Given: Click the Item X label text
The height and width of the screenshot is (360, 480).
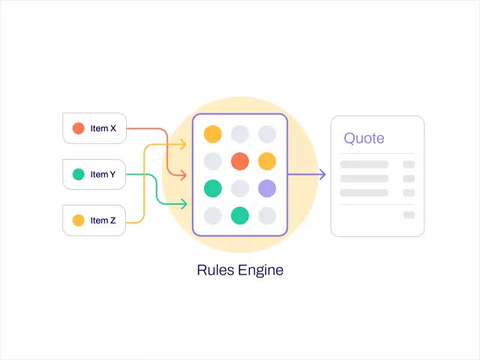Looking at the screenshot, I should point(103,128).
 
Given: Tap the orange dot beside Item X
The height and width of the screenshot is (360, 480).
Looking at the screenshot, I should point(78,128).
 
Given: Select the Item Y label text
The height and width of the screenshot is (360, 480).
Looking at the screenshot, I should point(103,175).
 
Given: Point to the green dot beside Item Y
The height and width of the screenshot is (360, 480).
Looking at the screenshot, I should point(78,175).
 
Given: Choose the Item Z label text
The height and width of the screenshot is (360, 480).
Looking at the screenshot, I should point(103,220).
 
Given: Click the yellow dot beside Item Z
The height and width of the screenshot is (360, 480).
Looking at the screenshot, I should point(78,220).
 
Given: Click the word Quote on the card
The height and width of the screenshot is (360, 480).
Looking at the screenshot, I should point(364,138).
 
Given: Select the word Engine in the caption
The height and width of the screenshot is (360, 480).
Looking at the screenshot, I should point(260,270).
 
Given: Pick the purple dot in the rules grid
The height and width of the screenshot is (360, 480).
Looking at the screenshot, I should point(267,188).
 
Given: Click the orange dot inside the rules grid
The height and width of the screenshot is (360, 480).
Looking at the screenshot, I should point(240,161).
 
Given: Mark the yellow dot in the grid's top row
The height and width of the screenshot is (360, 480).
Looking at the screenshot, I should point(213,134).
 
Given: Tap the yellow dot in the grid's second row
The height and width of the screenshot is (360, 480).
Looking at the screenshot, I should point(267,161).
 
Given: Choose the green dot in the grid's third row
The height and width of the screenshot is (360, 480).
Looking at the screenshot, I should point(213,188).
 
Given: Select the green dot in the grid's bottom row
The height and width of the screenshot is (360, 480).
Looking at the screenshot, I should point(240,215).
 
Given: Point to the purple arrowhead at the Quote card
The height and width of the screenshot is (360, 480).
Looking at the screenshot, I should point(322,175).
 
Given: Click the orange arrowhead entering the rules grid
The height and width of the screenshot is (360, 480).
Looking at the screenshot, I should point(183,175).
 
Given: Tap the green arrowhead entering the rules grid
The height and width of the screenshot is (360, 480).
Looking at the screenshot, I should point(183,202).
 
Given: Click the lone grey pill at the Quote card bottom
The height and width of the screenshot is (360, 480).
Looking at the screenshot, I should point(409,215).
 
